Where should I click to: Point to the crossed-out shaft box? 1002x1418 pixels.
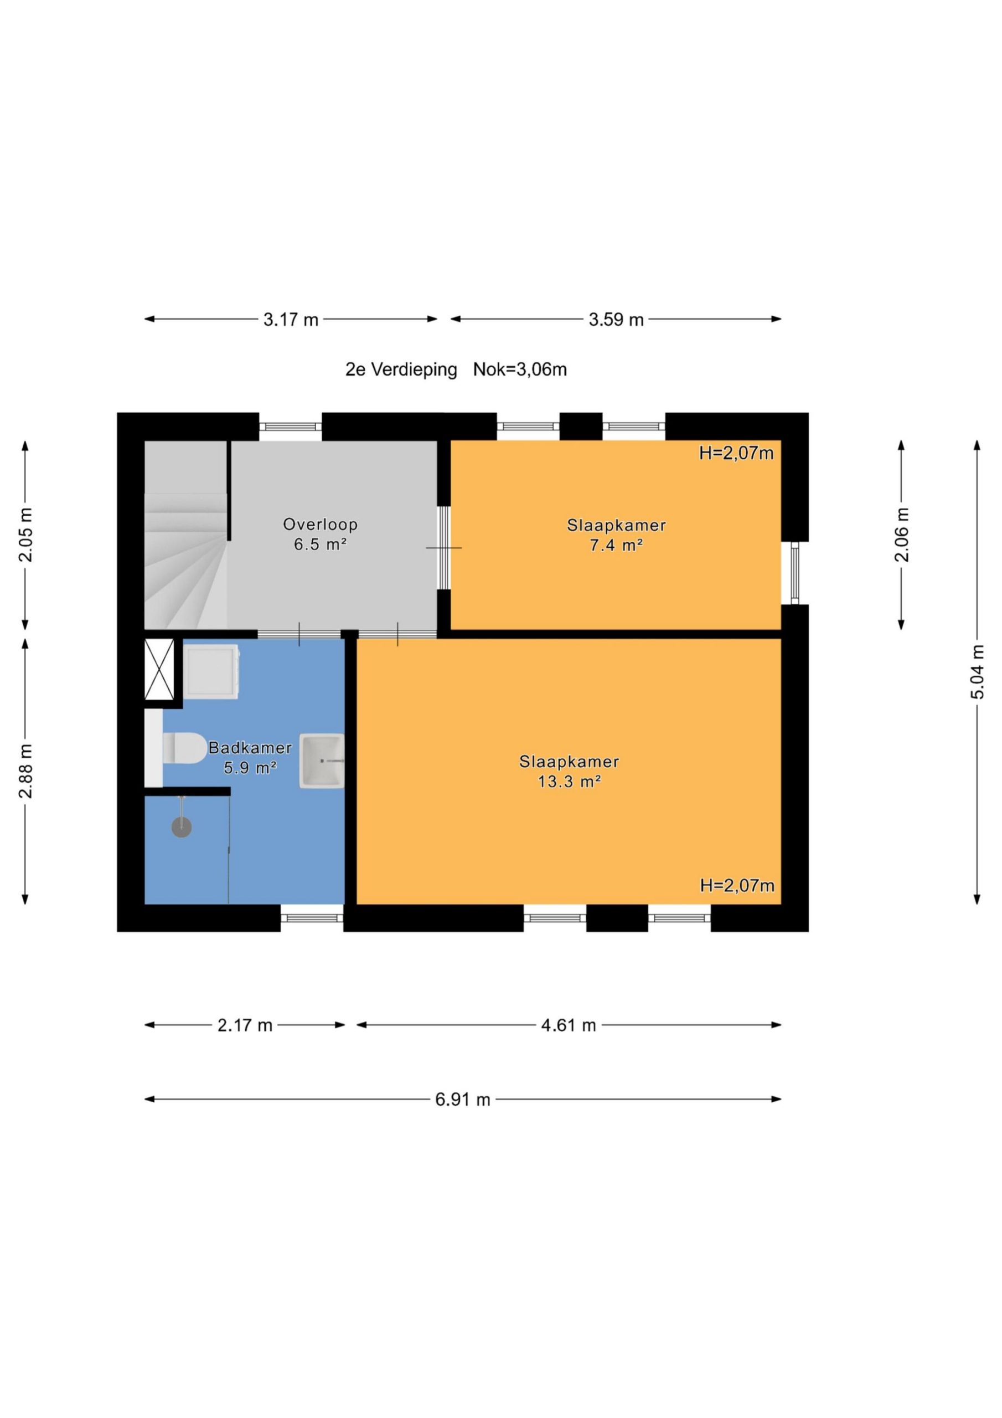click(159, 670)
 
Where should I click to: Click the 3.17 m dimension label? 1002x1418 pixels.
click(291, 320)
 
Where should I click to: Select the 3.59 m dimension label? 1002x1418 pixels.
click(616, 320)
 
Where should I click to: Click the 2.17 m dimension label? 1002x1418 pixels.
click(245, 1026)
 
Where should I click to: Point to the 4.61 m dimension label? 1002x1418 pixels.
click(569, 1026)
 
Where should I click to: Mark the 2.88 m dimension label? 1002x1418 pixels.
click(26, 772)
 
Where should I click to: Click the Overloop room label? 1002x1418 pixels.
click(321, 525)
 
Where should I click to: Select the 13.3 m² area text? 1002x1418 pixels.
click(569, 782)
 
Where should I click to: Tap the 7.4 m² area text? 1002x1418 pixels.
click(616, 546)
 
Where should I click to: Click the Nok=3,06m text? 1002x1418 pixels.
click(520, 370)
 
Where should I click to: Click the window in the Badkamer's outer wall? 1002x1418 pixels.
click(312, 918)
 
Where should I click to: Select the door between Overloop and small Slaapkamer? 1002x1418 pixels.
click(444, 548)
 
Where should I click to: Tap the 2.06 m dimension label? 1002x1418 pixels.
click(902, 535)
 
